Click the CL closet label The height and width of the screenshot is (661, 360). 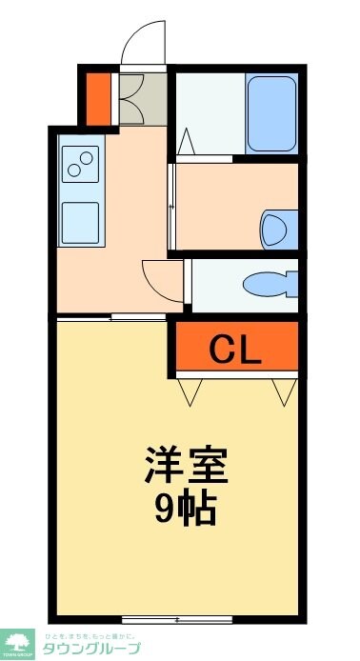[x=234, y=351]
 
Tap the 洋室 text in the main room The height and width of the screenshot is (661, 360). [x=187, y=468]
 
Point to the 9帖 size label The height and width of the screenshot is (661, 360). [x=187, y=510]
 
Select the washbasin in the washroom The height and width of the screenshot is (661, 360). [x=276, y=228]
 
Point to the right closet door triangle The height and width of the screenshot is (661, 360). [x=283, y=391]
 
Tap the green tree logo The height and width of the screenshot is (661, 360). [x=16, y=642]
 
